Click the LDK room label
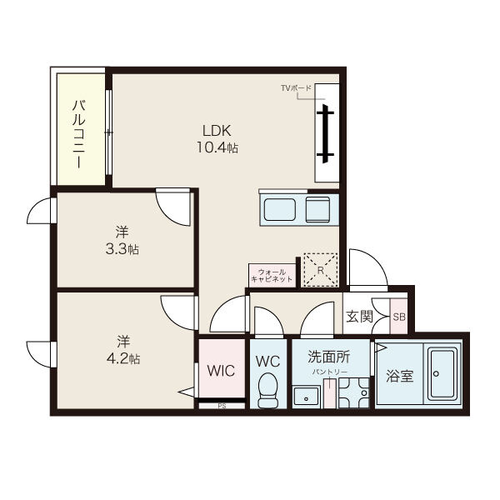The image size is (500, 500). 217,131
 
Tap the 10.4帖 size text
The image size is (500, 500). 217,147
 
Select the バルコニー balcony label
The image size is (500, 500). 78,133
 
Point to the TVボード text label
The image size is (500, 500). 296,87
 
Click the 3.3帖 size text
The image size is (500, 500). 122,249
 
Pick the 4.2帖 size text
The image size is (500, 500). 123,359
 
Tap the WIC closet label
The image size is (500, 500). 221,371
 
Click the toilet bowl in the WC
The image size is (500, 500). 267,390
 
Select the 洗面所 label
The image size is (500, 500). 328,357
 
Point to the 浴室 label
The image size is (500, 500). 399,376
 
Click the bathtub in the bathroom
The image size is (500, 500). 442,373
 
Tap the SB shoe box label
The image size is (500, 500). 399,317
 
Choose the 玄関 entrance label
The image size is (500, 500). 359,317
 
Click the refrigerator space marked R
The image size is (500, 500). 321,270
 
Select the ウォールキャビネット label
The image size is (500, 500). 272,276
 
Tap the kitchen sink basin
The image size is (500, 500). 280,210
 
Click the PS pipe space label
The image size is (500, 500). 222,407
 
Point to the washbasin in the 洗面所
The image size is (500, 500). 306,397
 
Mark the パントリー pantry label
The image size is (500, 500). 329,372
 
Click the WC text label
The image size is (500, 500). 267,362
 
